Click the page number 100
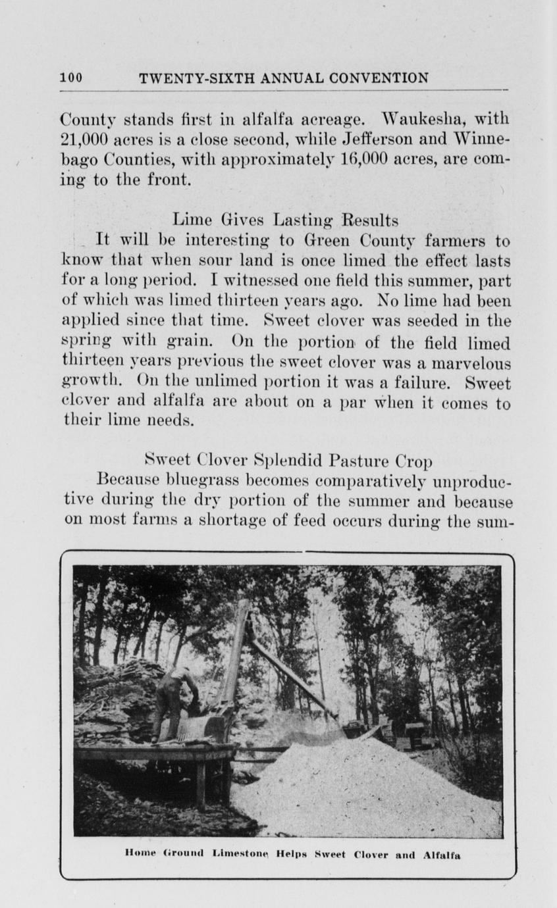click(71, 78)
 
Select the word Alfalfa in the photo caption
click(441, 855)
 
